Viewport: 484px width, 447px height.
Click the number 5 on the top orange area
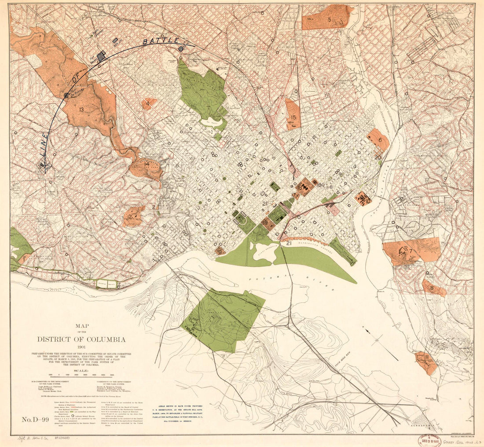pyautogui.click(x=329, y=19)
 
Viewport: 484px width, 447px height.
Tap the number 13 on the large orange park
pyautogui.click(x=81, y=110)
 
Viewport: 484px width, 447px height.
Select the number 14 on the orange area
pyautogui.click(x=146, y=165)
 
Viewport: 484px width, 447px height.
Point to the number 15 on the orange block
pyautogui.click(x=293, y=117)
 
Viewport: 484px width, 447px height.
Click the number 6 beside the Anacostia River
pyautogui.click(x=380, y=139)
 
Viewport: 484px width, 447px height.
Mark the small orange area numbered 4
pyautogui.click(x=148, y=104)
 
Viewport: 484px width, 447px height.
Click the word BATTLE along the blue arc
pyautogui.click(x=161, y=41)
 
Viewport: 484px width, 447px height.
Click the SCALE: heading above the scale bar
pyautogui.click(x=81, y=370)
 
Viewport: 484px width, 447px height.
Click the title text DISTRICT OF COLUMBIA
pyautogui.click(x=81, y=339)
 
